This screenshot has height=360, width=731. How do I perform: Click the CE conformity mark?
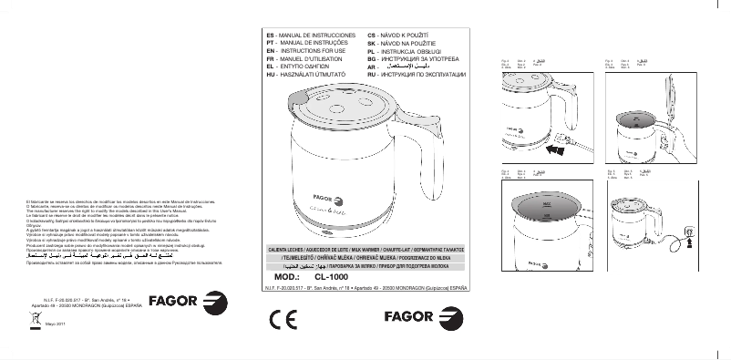pos(283,319)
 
